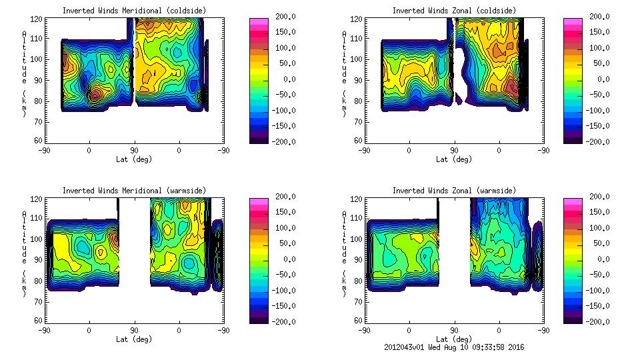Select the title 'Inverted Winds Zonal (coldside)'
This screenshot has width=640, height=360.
pyautogui.click(x=454, y=11)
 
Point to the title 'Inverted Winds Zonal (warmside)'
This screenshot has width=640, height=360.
pyautogui.click(x=454, y=191)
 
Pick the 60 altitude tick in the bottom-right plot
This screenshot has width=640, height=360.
pyautogui.click(x=351, y=320)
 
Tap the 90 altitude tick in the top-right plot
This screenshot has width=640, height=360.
pyautogui.click(x=351, y=79)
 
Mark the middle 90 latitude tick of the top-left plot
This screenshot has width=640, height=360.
pyautogui.click(x=134, y=151)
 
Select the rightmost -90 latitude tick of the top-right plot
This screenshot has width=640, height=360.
pyautogui.click(x=544, y=151)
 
